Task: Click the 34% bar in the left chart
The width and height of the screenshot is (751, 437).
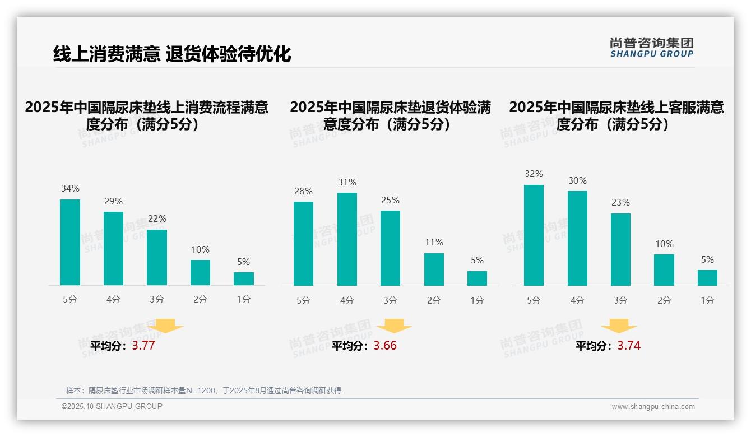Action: coord(70,242)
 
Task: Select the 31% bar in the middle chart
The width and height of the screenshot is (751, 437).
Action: coord(347,239)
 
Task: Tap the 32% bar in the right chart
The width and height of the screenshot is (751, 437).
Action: coord(534,235)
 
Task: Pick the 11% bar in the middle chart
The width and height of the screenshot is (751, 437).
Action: coord(434,269)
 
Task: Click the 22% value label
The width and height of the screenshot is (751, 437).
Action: coord(157,218)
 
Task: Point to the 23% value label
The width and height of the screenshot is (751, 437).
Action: coord(620,202)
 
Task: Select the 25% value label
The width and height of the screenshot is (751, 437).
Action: coord(390,200)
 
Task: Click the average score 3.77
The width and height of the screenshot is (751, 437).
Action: coord(143,346)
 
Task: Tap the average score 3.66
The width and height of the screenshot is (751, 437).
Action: coord(385,346)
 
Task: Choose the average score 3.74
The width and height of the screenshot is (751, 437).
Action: coord(629,346)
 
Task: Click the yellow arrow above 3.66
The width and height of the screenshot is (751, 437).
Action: coord(394,327)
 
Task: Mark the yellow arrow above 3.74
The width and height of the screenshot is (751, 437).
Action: coord(619,327)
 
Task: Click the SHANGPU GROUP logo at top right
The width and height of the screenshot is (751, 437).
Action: coord(651,48)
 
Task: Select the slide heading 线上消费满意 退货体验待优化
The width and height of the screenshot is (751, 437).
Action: coord(172,54)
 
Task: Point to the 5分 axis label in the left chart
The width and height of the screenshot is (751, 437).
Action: coord(70,300)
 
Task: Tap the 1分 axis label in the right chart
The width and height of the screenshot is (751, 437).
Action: coord(707,301)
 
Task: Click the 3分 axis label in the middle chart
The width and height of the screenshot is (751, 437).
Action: coord(390,301)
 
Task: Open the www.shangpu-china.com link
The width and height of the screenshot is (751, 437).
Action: coord(653,407)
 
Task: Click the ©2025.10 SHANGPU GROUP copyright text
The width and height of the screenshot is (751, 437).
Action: coord(112,406)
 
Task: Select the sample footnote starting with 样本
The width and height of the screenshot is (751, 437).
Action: coord(203,390)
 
